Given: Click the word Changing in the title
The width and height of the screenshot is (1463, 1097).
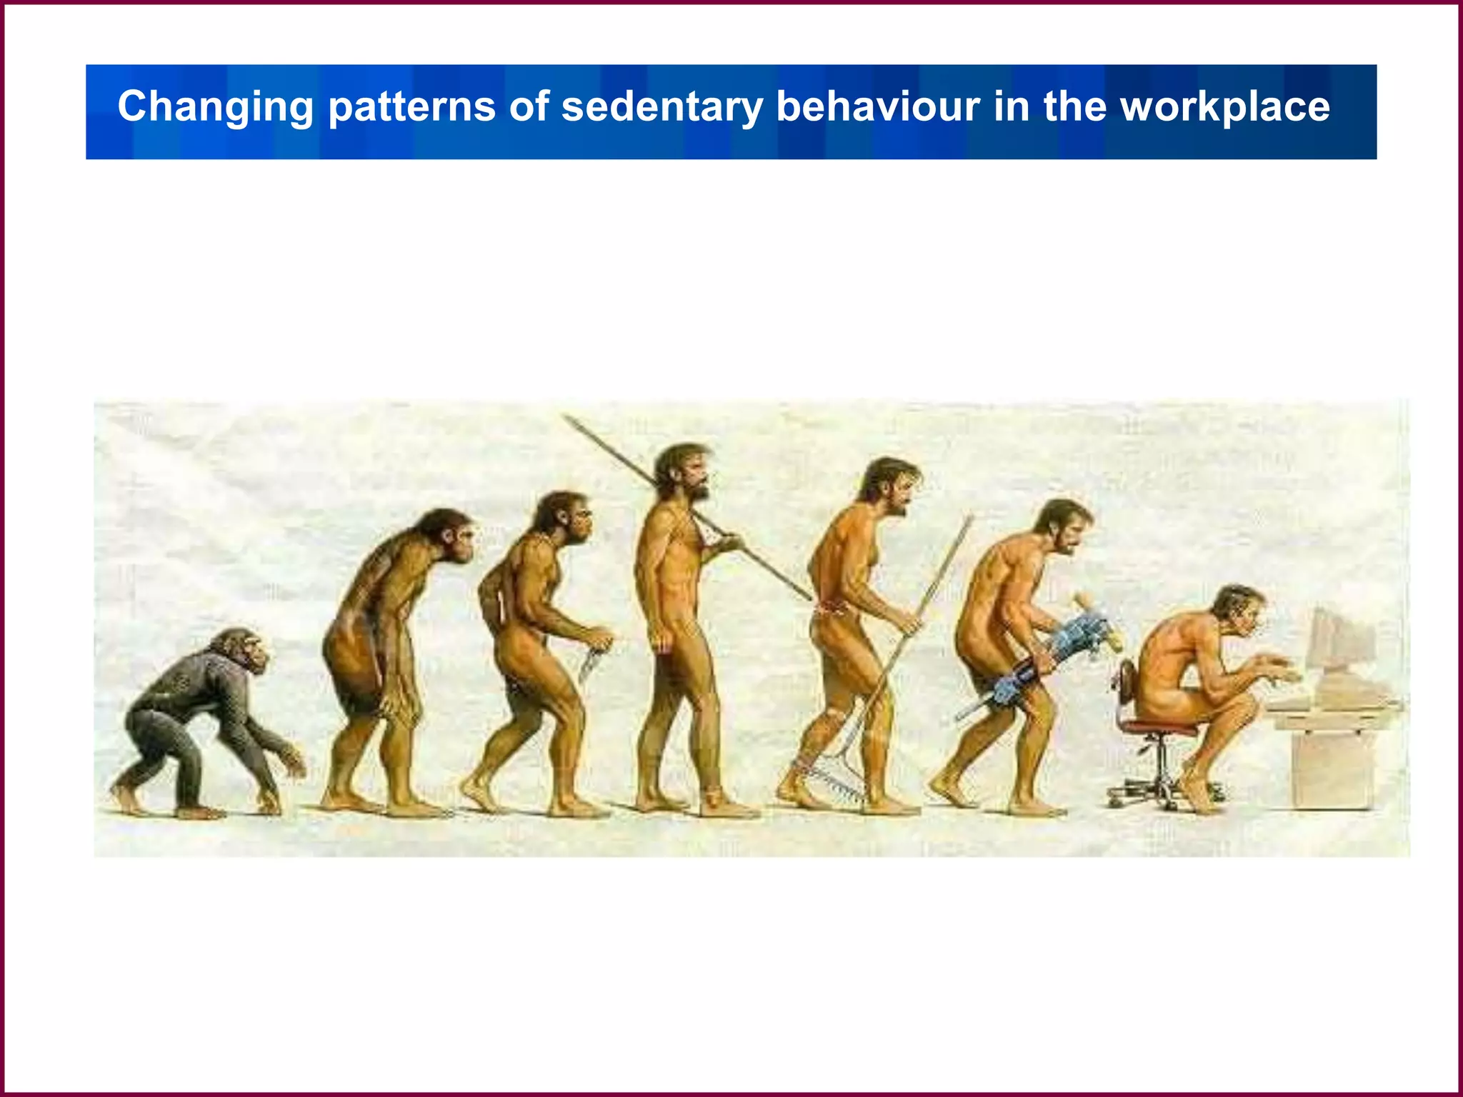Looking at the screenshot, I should [x=215, y=107].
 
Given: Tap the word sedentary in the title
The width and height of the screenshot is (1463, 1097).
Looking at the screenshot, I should [x=661, y=107].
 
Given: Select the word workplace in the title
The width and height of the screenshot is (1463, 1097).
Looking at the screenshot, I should [x=1224, y=107].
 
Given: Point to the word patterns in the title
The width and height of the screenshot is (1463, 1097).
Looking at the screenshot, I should [x=411, y=107].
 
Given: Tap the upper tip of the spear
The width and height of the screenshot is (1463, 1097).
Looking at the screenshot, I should [x=567, y=419].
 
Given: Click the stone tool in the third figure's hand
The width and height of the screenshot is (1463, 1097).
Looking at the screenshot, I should [x=591, y=661].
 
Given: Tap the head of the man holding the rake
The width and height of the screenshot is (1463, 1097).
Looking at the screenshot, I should [x=889, y=485].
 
